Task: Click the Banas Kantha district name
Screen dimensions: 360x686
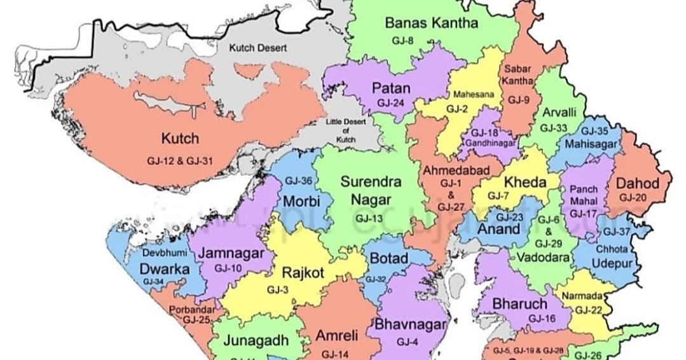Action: point(431,24)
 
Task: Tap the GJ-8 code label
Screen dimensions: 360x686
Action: point(402,41)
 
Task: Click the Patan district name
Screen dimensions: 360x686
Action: point(391,88)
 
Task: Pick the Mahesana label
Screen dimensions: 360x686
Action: point(472,95)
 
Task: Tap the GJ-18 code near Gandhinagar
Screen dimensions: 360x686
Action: point(486,132)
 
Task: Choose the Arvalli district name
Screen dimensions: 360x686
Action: point(559,113)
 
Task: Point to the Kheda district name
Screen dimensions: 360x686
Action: point(525,183)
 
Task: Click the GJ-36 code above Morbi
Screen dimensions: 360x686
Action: point(298,181)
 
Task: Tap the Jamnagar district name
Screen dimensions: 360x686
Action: point(231,253)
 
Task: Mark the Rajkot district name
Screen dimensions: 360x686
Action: point(303,273)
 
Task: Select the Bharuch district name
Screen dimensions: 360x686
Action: point(519,303)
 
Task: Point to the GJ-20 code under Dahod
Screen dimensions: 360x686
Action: point(633,198)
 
